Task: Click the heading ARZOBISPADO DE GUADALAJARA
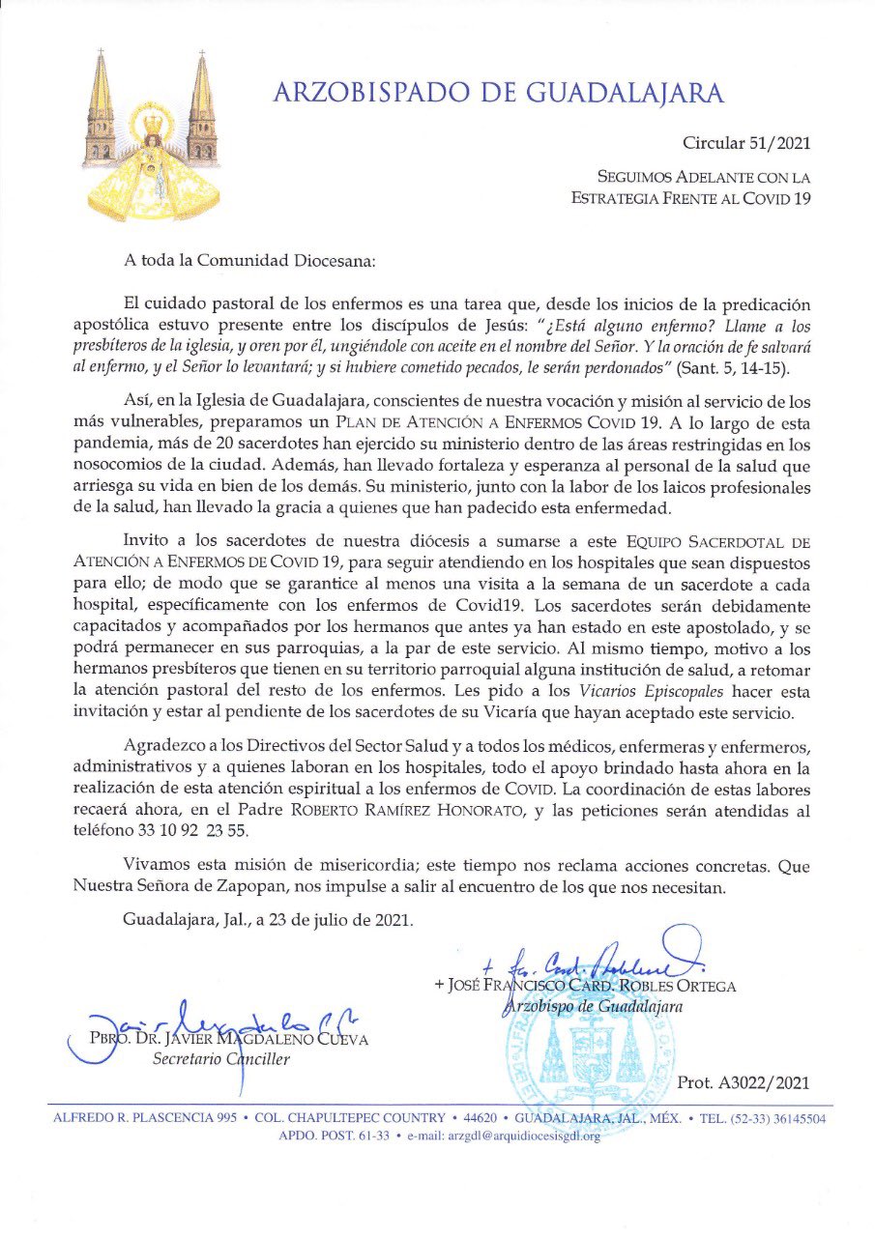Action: point(498,93)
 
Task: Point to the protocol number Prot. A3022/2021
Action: point(744,1083)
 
